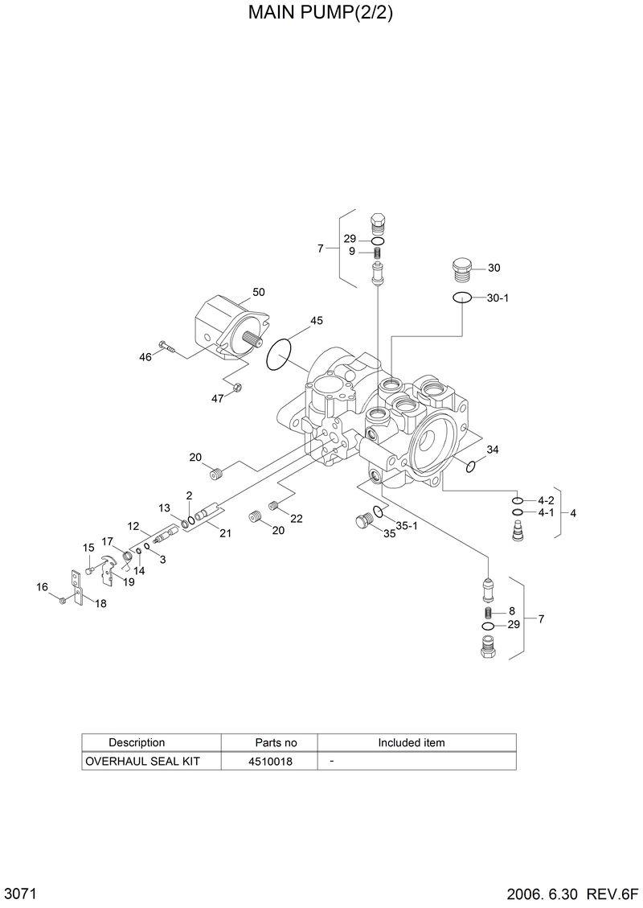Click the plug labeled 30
click(461, 269)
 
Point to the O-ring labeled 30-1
click(461, 298)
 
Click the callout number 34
click(493, 450)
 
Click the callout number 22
click(297, 519)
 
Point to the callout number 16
click(42, 587)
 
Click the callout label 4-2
click(547, 500)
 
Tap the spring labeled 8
click(488, 613)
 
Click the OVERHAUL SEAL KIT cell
click(142, 760)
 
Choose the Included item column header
click(411, 742)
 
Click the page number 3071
click(18, 894)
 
